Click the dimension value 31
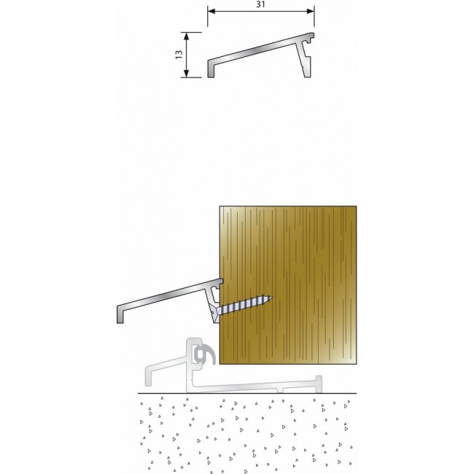(x=260, y=4)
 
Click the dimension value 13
(x=179, y=55)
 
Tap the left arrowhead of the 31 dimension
(x=211, y=12)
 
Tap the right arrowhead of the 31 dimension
(x=311, y=12)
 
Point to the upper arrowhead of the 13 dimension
(x=187, y=36)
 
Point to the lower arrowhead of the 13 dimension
(x=187, y=74)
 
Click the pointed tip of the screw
(x=271, y=298)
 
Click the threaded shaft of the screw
(x=244, y=305)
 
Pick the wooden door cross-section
(x=288, y=284)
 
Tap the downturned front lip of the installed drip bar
(x=120, y=315)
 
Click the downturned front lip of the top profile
(x=211, y=69)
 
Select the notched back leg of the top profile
(x=304, y=60)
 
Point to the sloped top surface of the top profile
(x=260, y=48)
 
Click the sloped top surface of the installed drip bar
(x=170, y=294)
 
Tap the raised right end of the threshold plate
(x=318, y=384)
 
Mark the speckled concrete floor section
(x=247, y=433)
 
